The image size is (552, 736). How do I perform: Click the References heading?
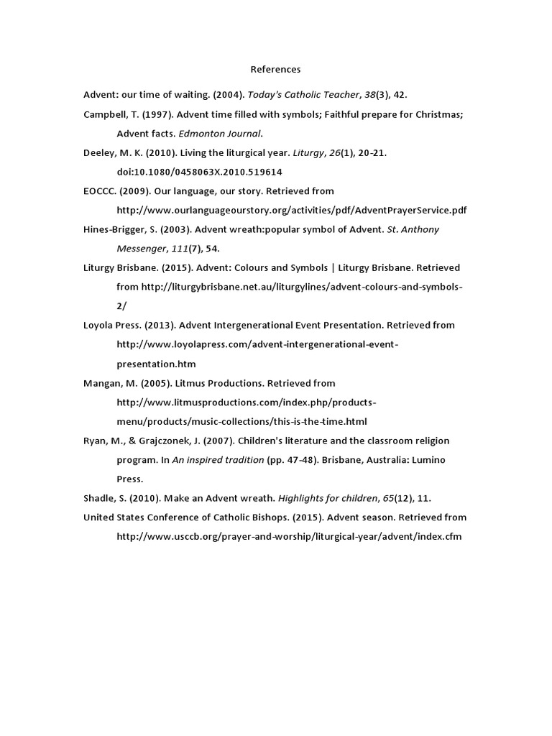pyautogui.click(x=275, y=70)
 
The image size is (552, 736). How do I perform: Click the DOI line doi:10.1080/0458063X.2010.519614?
pyautogui.click(x=199, y=172)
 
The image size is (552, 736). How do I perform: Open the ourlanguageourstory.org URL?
pyautogui.click(x=291, y=210)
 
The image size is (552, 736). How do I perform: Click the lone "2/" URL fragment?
pyautogui.click(x=121, y=305)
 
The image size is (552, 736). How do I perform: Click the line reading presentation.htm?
pyautogui.click(x=156, y=364)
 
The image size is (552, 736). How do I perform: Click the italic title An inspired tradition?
pyautogui.click(x=218, y=460)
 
